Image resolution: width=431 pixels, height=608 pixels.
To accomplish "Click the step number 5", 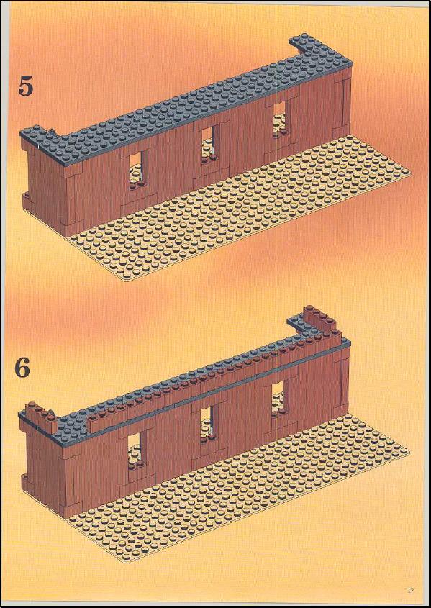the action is click(x=26, y=86).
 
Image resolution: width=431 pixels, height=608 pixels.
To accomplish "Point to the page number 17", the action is click(x=410, y=590).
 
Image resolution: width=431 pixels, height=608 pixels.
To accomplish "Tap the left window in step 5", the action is click(x=135, y=171).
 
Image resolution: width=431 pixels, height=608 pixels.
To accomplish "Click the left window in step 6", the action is click(x=134, y=450).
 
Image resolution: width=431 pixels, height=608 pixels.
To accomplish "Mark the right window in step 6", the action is click(x=278, y=399).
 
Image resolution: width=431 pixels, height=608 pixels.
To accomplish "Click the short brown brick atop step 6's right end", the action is click(x=320, y=318).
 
